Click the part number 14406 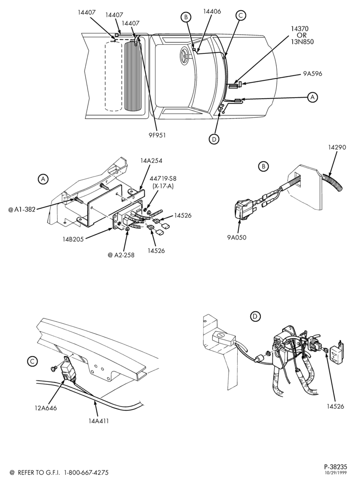[x=212, y=12]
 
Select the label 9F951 [x=157, y=135]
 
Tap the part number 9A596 [x=312, y=74]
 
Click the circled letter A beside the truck [x=312, y=97]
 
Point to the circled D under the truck [x=214, y=139]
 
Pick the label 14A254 [x=151, y=160]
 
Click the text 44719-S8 [x=163, y=178]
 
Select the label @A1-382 [x=22, y=210]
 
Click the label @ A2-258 [x=121, y=255]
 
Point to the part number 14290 [x=337, y=147]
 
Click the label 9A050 [x=237, y=237]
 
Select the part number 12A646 [x=46, y=408]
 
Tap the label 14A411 [x=98, y=421]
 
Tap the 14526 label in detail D [x=335, y=406]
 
